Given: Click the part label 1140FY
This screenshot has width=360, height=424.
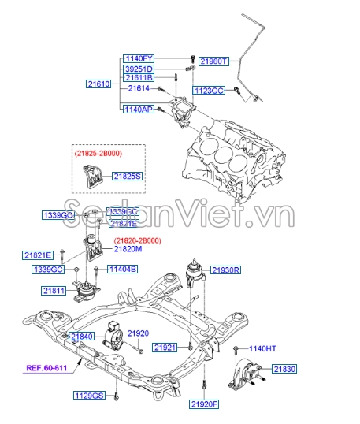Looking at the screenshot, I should coord(139,58).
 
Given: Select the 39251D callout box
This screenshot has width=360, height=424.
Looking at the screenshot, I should coord(139,69).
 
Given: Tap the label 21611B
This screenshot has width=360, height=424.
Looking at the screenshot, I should coord(139,78).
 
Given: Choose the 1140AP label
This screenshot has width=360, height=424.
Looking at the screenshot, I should coord(139,110).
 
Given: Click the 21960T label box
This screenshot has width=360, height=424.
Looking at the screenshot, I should coord(213,61).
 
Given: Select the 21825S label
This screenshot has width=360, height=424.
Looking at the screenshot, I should coord(127,177).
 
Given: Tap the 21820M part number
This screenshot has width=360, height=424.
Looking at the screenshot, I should coord(128,249).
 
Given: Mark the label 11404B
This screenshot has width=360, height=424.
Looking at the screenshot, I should coord(122,270).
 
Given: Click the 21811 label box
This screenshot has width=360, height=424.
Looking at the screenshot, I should coord(54,291).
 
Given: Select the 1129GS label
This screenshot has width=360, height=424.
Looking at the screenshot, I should coord(88,395).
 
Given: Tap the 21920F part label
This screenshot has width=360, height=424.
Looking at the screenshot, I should coord(203,404).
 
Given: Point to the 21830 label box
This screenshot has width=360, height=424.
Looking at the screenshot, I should coord(284,368).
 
